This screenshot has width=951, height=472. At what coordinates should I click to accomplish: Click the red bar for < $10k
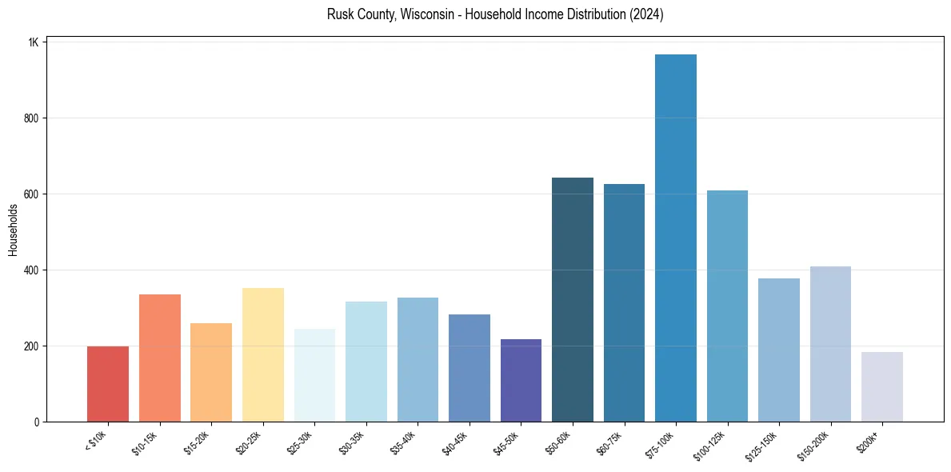(x=108, y=384)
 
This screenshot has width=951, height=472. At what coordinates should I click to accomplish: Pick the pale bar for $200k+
(x=881, y=387)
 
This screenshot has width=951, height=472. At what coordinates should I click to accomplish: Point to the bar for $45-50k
(x=521, y=381)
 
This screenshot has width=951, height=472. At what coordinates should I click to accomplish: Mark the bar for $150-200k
(x=830, y=344)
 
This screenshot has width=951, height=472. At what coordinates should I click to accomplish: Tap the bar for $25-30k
(x=314, y=375)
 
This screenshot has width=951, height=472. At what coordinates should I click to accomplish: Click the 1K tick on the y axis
(x=33, y=42)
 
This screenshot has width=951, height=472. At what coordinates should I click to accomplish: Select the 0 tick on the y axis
(x=36, y=422)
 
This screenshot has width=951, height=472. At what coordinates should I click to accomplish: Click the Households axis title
(x=13, y=230)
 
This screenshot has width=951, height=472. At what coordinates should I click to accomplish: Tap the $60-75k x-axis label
(x=610, y=442)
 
